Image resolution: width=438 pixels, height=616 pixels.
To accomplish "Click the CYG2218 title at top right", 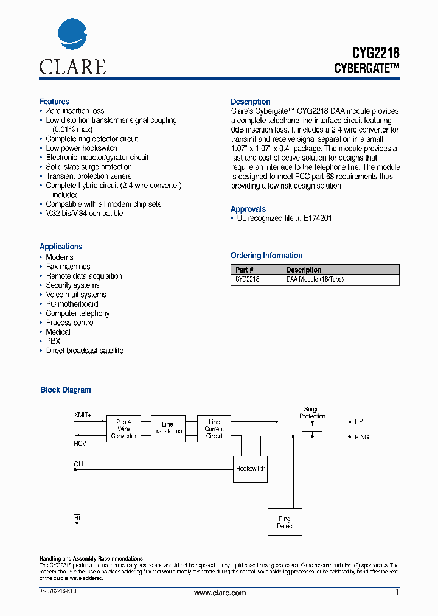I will (x=367, y=54).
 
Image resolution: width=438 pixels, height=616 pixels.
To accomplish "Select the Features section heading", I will (x=54, y=102).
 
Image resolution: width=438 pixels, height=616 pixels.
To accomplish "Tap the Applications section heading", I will (x=61, y=247).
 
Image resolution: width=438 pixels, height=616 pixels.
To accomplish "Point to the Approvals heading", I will (x=248, y=209).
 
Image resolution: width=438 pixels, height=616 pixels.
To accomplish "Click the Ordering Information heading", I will (x=266, y=256).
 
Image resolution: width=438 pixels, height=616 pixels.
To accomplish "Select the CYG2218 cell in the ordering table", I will (x=247, y=279).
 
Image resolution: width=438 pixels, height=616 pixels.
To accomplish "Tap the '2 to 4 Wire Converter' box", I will (x=123, y=429).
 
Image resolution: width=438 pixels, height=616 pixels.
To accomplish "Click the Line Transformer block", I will (x=168, y=428).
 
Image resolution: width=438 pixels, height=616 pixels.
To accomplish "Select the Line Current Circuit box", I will (x=214, y=429).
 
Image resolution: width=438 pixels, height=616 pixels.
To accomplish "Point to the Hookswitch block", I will (x=250, y=469).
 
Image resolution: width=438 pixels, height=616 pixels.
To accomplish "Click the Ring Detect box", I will (x=285, y=522).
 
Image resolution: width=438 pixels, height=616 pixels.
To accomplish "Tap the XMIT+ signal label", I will (x=83, y=415).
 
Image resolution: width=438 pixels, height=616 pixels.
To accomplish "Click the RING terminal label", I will (x=361, y=437).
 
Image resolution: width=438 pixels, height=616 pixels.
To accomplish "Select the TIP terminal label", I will (x=359, y=421).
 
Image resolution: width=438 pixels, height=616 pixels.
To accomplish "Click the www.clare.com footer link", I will (x=220, y=593).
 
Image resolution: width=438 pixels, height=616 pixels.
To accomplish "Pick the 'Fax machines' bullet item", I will (x=68, y=267).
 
